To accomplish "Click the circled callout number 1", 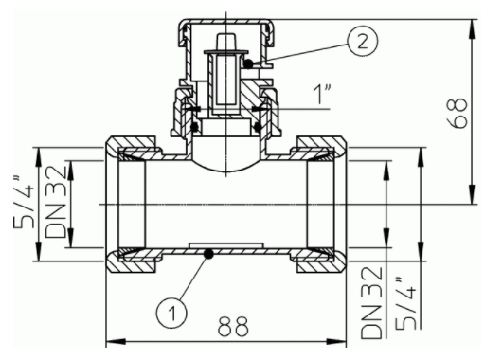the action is point(171,314).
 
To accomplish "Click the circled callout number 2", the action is point(363,42).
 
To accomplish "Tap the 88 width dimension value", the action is point(233,326).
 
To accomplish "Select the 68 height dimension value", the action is point(458,113).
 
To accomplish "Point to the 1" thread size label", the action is point(322,94).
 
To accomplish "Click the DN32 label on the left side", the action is point(56,202).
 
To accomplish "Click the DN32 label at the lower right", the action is point(371,303).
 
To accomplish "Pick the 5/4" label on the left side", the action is point(25,202).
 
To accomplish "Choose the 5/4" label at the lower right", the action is point(406,303).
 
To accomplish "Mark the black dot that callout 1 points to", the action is point(208,253).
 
